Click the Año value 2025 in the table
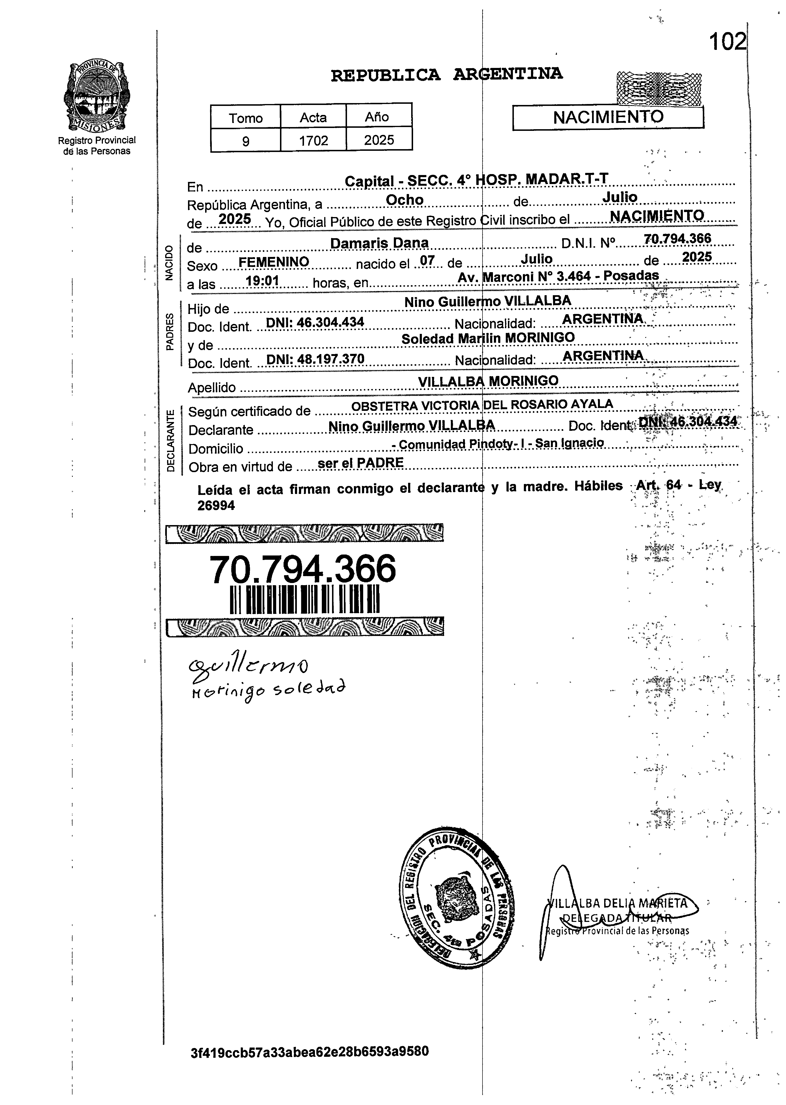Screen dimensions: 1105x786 click(379, 140)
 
